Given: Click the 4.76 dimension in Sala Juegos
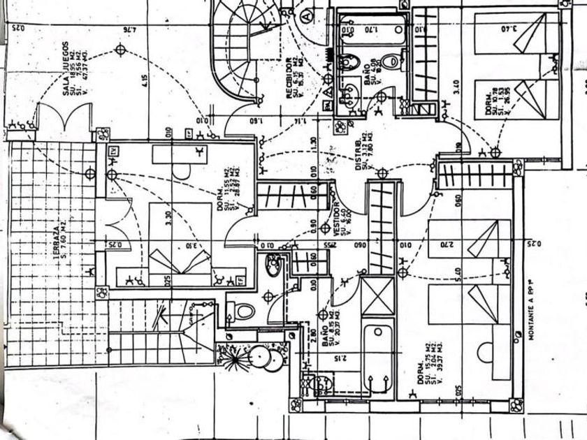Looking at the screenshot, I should [129, 29].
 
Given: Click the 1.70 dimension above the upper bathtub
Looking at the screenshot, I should [371, 29].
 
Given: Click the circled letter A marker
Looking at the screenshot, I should [306, 13].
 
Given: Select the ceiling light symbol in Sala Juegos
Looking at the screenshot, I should [121, 50].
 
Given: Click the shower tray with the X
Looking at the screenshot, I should [378, 296].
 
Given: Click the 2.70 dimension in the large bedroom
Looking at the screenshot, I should [447, 244].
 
